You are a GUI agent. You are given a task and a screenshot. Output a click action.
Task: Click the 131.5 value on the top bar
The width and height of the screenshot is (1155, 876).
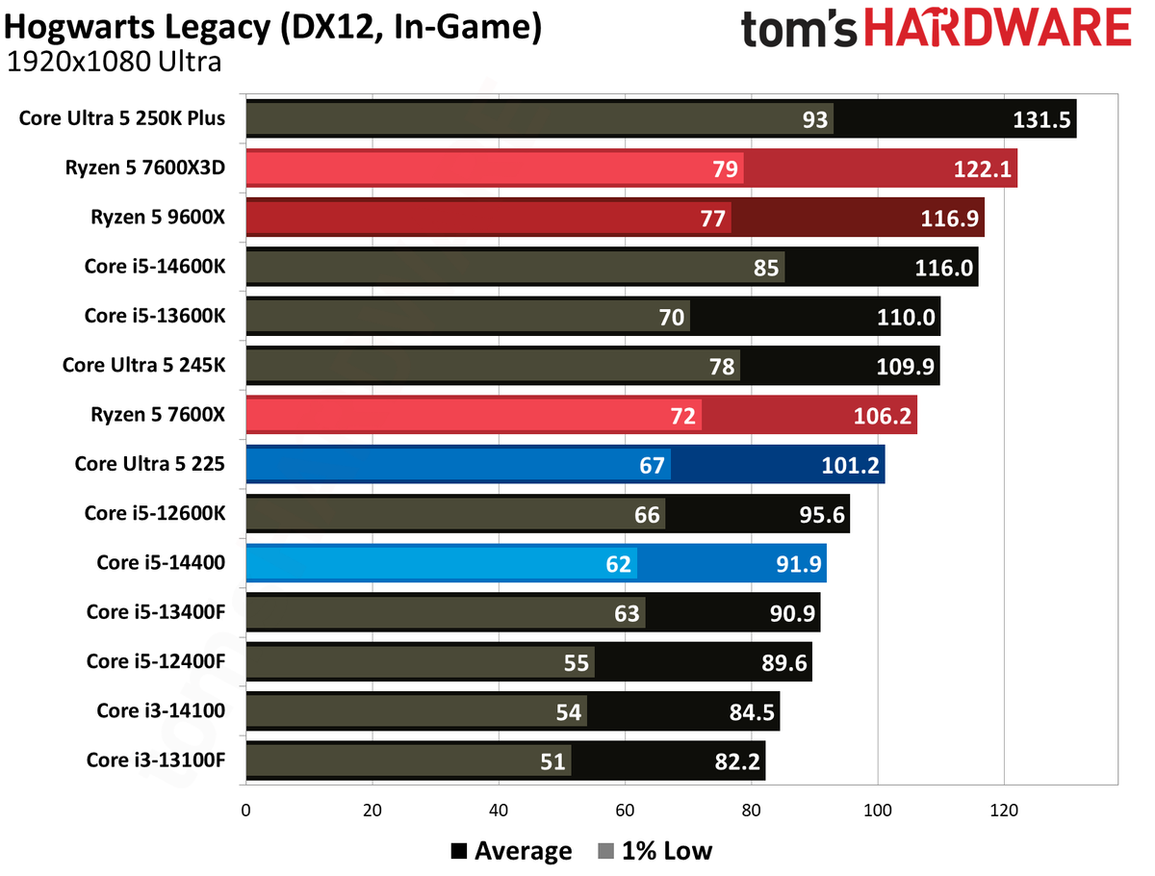1040,119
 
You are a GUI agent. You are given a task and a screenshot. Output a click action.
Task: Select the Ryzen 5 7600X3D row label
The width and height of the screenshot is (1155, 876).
144,167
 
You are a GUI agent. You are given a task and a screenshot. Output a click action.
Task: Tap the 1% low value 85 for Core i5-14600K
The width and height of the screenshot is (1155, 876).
765,268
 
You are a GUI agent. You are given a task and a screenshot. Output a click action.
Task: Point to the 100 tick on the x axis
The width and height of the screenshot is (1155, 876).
877,810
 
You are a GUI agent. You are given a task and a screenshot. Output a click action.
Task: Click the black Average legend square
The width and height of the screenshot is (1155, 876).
458,851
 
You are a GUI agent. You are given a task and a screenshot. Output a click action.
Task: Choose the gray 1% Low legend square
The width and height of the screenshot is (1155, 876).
605,851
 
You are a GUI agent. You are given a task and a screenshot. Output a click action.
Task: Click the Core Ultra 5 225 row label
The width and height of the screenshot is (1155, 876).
149,464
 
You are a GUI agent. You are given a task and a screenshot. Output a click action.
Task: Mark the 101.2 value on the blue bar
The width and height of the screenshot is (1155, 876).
850,465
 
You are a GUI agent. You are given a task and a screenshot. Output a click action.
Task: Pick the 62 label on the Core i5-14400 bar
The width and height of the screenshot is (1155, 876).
618,564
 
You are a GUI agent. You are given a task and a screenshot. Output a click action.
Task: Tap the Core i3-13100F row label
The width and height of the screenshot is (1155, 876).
156,760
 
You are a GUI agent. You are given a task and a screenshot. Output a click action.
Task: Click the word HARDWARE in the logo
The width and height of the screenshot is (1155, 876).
998,27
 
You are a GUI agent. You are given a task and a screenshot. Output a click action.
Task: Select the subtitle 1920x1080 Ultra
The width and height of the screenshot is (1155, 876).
115,62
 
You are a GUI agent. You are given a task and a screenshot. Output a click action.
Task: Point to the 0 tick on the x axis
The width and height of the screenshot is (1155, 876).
245,810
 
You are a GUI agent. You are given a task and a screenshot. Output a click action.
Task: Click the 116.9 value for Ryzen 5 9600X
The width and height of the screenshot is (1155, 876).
949,219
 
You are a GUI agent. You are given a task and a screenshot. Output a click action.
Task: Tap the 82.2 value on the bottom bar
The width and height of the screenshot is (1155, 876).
737,761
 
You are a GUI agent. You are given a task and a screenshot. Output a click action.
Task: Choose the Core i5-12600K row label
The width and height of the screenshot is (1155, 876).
155,513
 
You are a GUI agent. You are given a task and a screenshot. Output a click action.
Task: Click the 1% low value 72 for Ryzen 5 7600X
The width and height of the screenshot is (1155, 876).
682,416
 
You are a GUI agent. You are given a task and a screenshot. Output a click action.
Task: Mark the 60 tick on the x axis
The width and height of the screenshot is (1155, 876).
625,810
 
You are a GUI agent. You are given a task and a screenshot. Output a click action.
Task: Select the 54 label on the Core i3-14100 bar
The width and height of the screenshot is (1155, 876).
568,712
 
